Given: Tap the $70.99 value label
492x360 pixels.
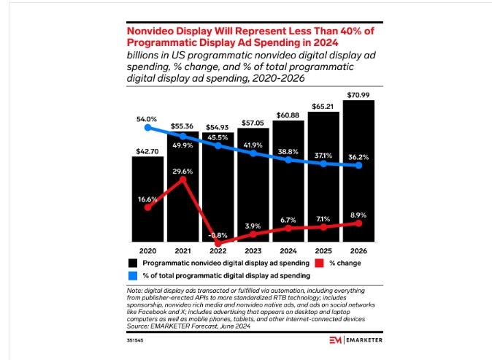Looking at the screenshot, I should click(x=358, y=94).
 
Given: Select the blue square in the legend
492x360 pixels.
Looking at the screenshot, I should click(x=133, y=275).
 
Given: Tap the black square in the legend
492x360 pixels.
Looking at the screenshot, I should click(x=133, y=263).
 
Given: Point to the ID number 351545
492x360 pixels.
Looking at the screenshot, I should click(x=135, y=340).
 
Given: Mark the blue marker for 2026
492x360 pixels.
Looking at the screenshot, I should click(x=358, y=166).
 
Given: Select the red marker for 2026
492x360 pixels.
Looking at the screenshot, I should click(x=358, y=223).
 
